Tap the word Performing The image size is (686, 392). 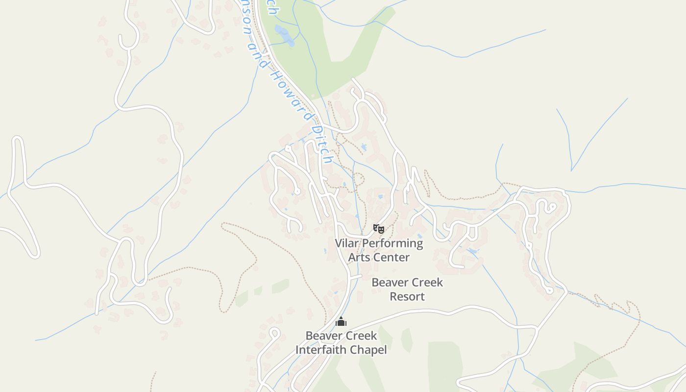392,243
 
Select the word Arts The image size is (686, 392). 358,257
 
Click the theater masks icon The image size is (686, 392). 379,228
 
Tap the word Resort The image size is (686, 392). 407,296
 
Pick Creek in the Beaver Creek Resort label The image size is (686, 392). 426,282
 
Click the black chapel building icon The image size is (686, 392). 341,322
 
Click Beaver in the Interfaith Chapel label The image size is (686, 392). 323,336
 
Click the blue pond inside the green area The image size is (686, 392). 284,35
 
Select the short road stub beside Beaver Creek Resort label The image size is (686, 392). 356,277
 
